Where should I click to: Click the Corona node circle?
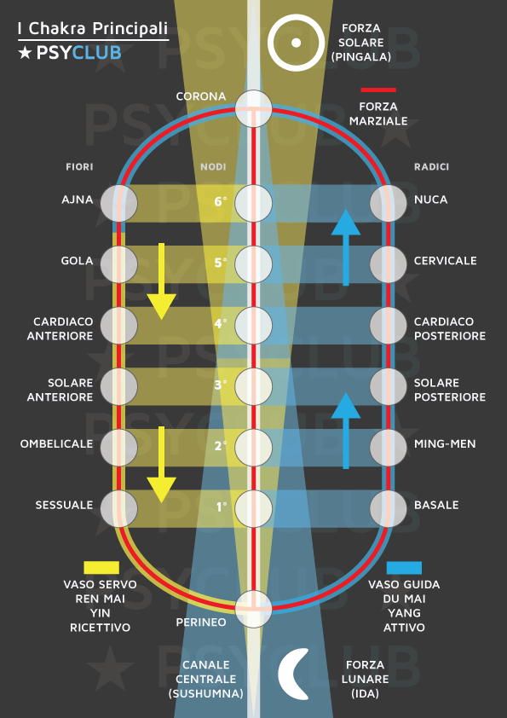[254, 108]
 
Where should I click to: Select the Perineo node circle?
[254, 609]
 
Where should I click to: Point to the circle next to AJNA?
[119, 203]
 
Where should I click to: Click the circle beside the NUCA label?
[388, 203]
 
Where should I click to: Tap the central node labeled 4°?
[254, 326]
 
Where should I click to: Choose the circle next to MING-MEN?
[388, 448]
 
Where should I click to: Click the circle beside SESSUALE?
[119, 509]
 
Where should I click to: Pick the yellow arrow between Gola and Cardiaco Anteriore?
[161, 281]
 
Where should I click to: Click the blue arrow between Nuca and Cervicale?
[346, 248]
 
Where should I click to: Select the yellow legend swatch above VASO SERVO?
[101, 568]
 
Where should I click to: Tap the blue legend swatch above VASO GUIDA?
[404, 568]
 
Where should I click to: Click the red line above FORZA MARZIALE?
[378, 90]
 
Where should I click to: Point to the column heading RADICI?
[431, 167]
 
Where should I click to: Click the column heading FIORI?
[79, 167]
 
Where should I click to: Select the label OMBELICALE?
[56, 443]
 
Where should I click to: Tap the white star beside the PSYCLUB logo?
[25, 53]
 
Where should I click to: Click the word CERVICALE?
[446, 261]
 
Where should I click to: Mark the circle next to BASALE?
[388, 509]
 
